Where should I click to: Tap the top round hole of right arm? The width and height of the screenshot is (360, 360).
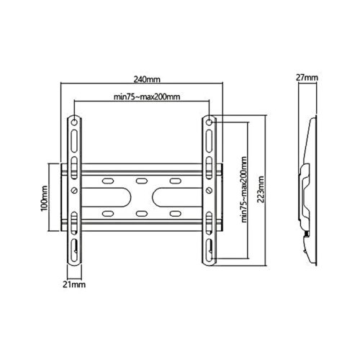click(x=209, y=122)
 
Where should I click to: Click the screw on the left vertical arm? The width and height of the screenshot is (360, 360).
click(x=76, y=190)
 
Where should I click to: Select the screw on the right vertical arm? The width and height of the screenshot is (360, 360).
click(x=209, y=190)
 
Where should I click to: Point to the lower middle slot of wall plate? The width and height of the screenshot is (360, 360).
click(x=142, y=214)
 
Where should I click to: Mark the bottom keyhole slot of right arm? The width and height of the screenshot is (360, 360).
click(x=209, y=248)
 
